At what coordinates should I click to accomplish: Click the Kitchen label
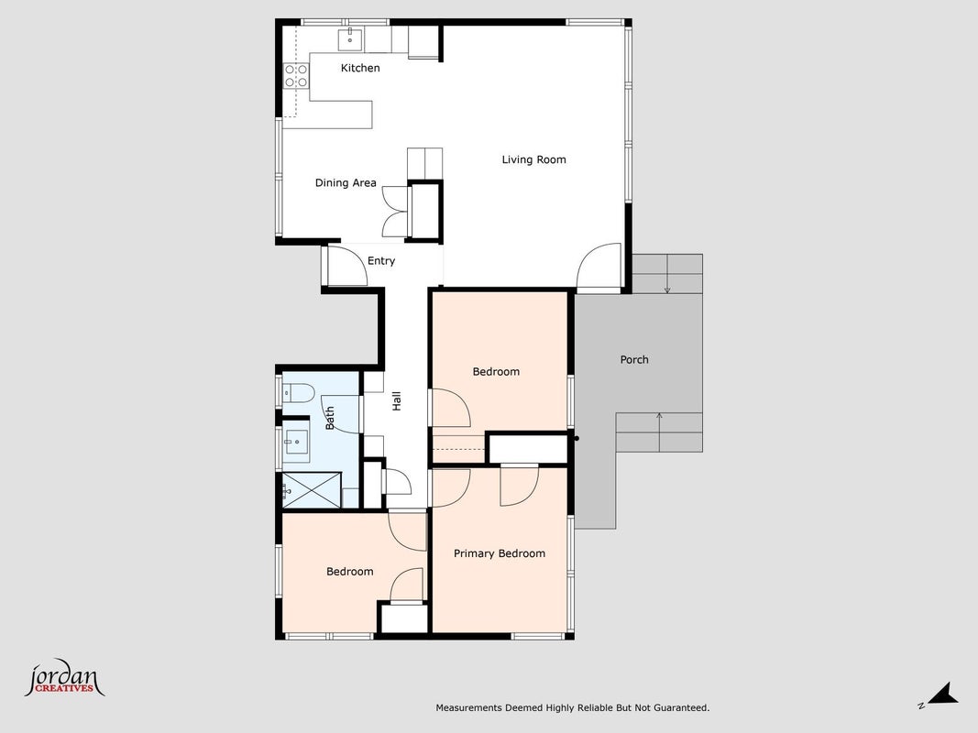click(x=360, y=68)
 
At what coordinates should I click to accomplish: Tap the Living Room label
click(x=533, y=159)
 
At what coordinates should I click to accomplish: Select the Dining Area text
click(x=346, y=182)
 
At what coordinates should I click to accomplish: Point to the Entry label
click(x=381, y=261)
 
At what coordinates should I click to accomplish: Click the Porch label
click(x=634, y=360)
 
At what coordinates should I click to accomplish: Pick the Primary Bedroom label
click(x=499, y=553)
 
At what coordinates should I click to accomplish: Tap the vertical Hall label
click(x=396, y=400)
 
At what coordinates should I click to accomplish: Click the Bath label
click(x=330, y=418)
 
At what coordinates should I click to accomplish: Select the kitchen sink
click(x=350, y=39)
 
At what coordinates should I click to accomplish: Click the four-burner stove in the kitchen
click(x=296, y=76)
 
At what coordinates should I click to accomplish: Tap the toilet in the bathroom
click(x=298, y=393)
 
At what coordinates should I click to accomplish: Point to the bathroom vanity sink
click(x=296, y=442)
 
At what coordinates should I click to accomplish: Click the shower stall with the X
click(x=312, y=490)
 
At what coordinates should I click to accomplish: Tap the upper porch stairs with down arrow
click(x=667, y=274)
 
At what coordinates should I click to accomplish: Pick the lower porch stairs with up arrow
click(x=659, y=432)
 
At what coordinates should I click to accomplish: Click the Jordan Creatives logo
click(x=64, y=678)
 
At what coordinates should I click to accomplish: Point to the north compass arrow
click(x=940, y=695)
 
